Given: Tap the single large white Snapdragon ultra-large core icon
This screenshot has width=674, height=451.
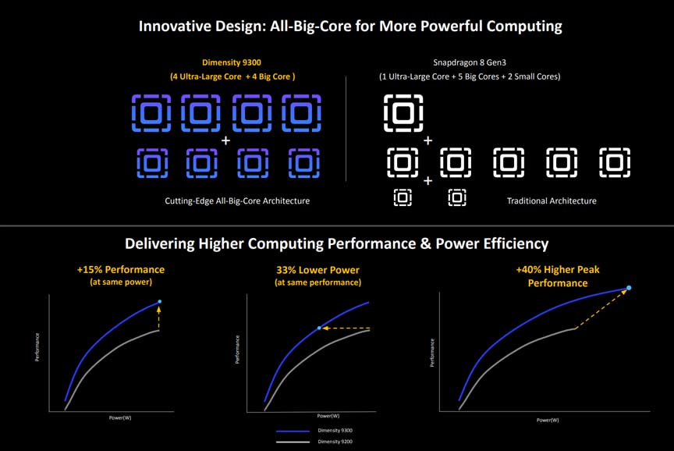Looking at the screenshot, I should point(403,112).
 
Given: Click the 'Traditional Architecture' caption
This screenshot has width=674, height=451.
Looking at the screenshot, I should point(552,201).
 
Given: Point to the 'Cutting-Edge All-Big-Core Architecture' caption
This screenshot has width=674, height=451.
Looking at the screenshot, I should point(237,201).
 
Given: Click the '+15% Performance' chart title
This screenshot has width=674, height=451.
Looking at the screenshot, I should point(121,269).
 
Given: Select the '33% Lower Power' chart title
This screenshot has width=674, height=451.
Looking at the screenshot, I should point(317,269).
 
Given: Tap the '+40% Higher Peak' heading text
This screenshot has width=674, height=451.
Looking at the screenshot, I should point(557,269).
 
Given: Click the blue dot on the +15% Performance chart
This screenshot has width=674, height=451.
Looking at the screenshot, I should point(160,301).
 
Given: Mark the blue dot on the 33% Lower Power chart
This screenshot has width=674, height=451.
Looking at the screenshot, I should point(319,328).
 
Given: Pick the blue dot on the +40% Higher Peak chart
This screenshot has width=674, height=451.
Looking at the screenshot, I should point(629,288).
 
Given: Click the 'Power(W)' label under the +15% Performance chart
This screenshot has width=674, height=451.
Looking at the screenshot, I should point(120,418).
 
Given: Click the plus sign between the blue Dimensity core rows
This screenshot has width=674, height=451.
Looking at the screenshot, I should point(226,141).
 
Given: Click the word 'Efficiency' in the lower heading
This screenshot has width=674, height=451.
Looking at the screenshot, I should point(511,243).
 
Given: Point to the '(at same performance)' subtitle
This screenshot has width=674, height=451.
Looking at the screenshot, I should point(317,282).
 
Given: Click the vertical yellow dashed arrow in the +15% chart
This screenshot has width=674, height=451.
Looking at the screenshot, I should point(160,318).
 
